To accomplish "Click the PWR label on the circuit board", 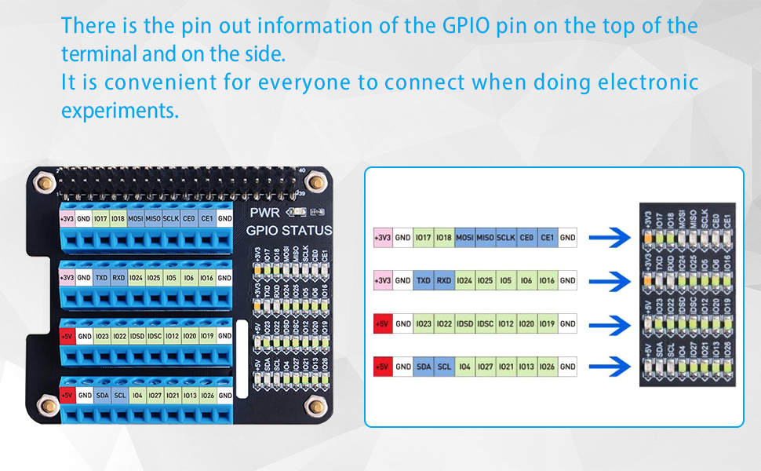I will point(264,212).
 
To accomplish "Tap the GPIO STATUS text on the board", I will point(289,231).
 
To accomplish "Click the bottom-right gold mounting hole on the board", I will point(316,406).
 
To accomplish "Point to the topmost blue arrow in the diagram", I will point(610,237).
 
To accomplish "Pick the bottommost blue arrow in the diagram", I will point(610,366).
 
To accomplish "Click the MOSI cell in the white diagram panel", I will point(464,237).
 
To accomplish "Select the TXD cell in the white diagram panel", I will point(424,280).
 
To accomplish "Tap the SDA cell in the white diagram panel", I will point(424,366).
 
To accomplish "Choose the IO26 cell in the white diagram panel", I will point(547,366).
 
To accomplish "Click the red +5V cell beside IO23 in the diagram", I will point(382,323).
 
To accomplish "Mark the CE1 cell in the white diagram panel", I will point(547,237).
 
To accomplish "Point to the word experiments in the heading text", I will point(120,111).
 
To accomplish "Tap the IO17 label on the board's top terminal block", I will point(100,218).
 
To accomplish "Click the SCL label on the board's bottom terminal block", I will point(118,396).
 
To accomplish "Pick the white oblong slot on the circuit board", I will point(241,357).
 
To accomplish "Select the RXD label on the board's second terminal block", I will point(118,277).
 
